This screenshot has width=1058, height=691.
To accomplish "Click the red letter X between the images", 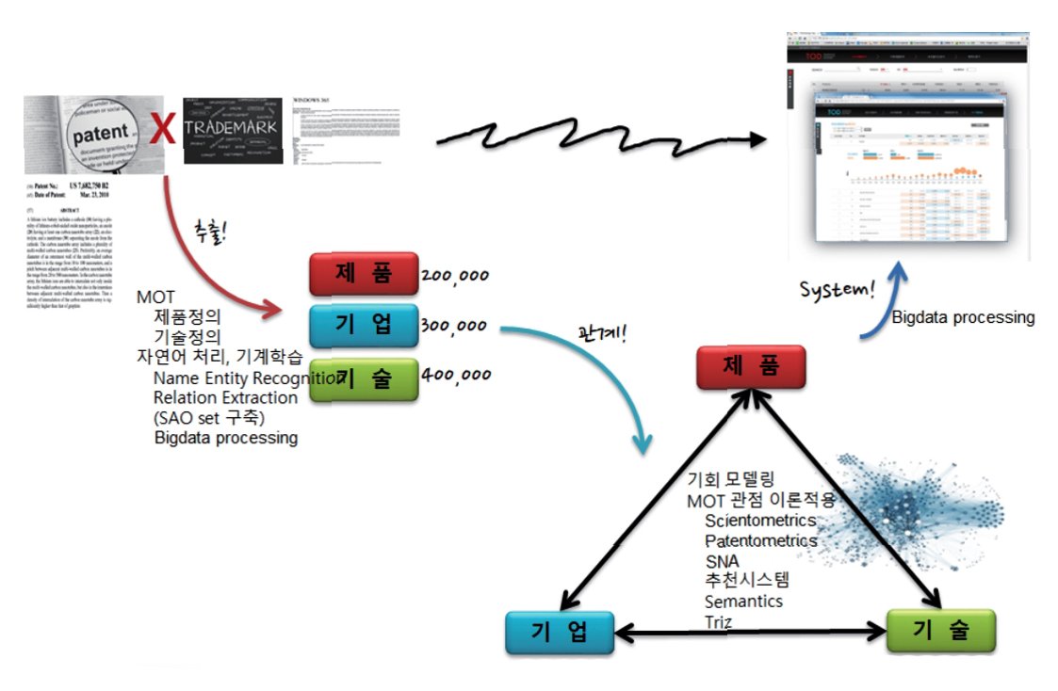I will point(164,130).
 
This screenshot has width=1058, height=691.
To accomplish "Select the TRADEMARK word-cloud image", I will point(233,130).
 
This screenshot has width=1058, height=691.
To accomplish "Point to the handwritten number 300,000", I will point(455,326).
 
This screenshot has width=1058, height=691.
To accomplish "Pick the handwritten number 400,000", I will point(457,374).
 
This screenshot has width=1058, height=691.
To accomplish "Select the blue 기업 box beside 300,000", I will point(364,326).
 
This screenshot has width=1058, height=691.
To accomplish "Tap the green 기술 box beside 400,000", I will point(364,378).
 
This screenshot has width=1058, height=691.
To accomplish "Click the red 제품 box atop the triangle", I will point(751,366).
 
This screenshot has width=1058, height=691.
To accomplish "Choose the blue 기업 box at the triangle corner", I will point(560,631).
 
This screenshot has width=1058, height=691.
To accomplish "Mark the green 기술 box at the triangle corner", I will point(940,631).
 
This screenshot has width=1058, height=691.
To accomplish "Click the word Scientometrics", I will point(760,521).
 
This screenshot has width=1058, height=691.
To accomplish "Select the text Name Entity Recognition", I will point(247,378).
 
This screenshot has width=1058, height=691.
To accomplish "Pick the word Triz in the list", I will point(719,621).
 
